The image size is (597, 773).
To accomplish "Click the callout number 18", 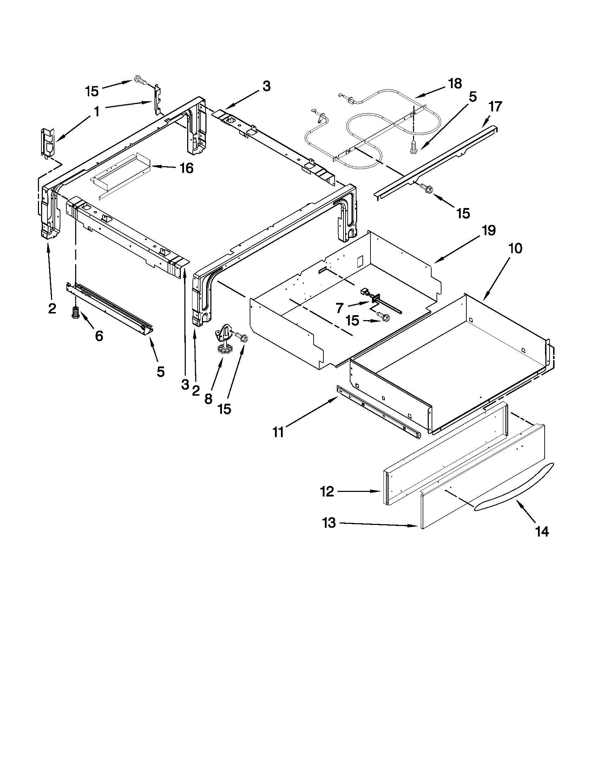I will click(x=454, y=84).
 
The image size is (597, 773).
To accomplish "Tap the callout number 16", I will click(x=186, y=168).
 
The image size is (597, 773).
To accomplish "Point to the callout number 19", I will click(x=488, y=230).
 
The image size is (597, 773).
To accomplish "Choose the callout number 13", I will click(x=329, y=522).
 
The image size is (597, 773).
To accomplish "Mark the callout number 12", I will click(x=327, y=491).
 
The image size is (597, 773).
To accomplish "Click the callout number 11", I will click(x=278, y=432).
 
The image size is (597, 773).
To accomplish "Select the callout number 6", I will click(x=99, y=336).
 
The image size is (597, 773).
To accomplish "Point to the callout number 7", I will click(x=340, y=307).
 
